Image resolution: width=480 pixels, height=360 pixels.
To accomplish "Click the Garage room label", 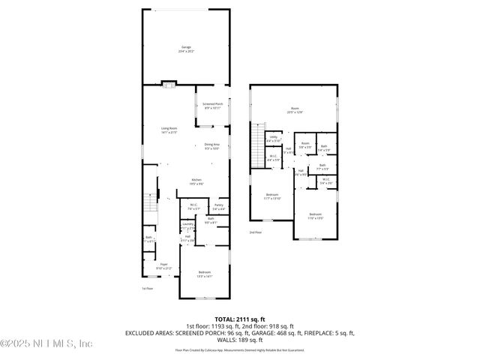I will pos(185,49).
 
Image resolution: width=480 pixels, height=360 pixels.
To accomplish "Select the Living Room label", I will pos(169,130).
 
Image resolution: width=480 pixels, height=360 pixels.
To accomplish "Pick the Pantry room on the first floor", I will pos(218,206).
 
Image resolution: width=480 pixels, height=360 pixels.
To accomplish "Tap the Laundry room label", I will pos(187,224).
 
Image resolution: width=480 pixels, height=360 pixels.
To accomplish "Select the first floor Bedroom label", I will pos(204,274).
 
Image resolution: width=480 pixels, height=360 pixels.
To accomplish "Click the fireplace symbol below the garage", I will pos(169,83).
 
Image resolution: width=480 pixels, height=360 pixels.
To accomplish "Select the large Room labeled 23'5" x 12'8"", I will pos(295,111).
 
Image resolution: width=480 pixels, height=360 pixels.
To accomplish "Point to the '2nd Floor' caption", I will pos(256,232).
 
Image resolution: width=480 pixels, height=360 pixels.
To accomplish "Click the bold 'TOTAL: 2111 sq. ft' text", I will pos(239,318).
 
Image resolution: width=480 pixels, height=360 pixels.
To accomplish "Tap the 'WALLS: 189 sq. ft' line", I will pos(239,338).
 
